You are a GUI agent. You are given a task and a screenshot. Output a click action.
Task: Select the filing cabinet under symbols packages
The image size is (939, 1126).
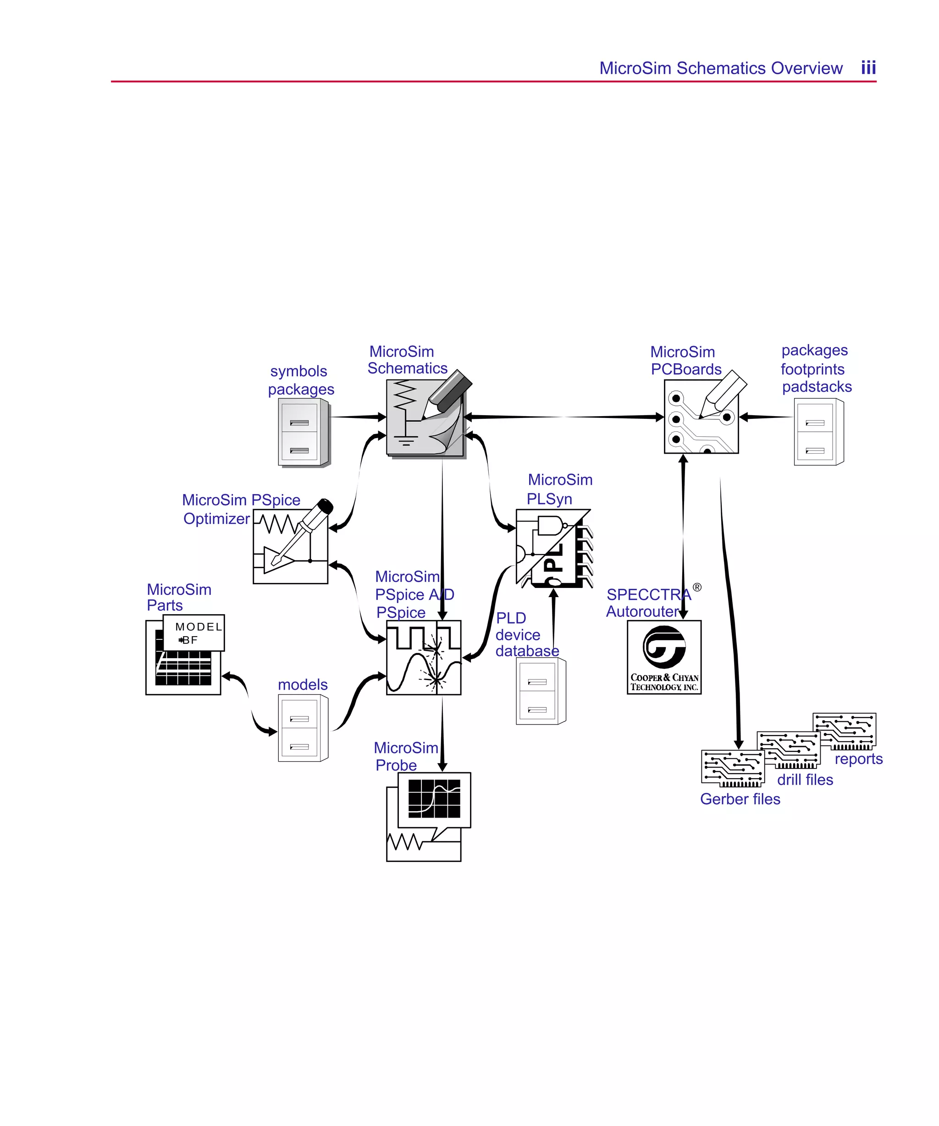coord(303,432)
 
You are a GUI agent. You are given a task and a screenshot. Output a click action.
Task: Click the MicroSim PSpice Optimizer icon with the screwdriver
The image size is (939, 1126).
coord(290,545)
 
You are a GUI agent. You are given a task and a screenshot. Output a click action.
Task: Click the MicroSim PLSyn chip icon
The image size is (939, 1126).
coord(553,548)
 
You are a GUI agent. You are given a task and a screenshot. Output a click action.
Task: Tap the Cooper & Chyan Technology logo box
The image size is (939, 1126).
coord(664,657)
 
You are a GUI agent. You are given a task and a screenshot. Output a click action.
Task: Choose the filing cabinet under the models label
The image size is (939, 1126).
coord(303,728)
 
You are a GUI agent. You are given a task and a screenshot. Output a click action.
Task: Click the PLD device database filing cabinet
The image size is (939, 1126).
coord(540,691)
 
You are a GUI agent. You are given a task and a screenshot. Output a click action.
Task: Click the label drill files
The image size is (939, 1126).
coord(804,780)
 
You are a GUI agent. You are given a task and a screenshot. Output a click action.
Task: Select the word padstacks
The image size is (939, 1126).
coord(816,387)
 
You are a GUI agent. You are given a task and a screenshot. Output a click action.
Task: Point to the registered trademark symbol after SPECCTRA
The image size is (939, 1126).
coord(696,587)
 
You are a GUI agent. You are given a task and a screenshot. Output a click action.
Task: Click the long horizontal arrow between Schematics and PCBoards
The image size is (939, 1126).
coord(563,417)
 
